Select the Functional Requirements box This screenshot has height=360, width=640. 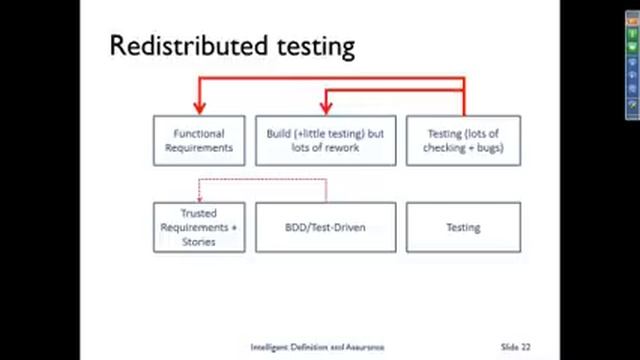pyautogui.click(x=199, y=140)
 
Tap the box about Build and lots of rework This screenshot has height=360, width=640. pyautogui.click(x=326, y=140)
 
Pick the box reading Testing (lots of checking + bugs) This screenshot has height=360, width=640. pyautogui.click(x=463, y=140)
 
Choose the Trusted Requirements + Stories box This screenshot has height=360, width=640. pyautogui.click(x=199, y=227)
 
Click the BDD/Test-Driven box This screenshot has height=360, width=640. pyautogui.click(x=326, y=227)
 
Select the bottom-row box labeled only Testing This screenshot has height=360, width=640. pyautogui.click(x=463, y=227)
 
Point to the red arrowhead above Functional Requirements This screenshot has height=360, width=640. pyautogui.click(x=199, y=107)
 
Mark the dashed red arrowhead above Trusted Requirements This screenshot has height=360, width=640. pyautogui.click(x=198, y=196)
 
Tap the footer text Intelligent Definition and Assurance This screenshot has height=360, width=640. pyautogui.click(x=302, y=347)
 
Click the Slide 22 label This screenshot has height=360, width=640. pyautogui.click(x=515, y=347)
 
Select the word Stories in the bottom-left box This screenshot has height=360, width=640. pyautogui.click(x=199, y=241)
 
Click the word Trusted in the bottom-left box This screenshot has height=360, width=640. pyautogui.click(x=199, y=213)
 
